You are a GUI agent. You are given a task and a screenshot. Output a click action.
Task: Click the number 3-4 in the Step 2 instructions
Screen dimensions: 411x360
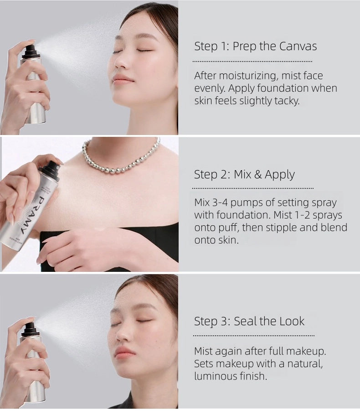click(221, 203)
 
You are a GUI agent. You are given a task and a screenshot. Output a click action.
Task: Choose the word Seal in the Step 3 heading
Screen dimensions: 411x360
click(245, 321)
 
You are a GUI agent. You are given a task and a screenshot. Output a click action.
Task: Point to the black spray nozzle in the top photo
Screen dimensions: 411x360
click(31, 50)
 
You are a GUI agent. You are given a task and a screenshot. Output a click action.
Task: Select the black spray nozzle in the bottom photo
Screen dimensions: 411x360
click(29, 328)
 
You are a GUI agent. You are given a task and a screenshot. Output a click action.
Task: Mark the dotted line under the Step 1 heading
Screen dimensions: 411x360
click(252, 61)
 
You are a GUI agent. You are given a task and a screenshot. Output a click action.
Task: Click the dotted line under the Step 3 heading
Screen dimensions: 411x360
click(254, 336)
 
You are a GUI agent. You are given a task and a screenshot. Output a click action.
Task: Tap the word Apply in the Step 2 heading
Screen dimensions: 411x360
click(280, 175)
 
